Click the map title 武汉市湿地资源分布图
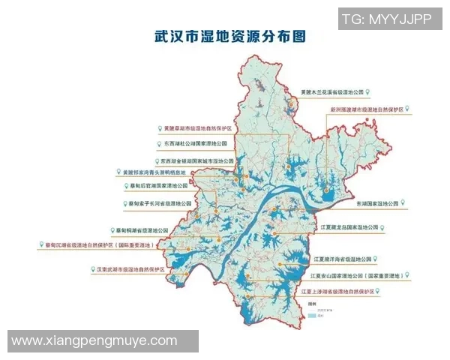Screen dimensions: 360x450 pos(224,35)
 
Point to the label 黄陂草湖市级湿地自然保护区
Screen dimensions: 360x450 pos(197,129)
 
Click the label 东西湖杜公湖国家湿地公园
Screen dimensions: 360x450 pos(193,143)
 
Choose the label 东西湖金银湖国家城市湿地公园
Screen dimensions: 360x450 pos(196,160)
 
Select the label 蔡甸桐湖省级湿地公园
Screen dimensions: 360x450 pos(142,230)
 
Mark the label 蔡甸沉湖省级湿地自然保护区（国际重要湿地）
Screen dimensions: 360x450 pos(98,244)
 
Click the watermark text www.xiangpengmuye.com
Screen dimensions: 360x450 pos(94,341)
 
